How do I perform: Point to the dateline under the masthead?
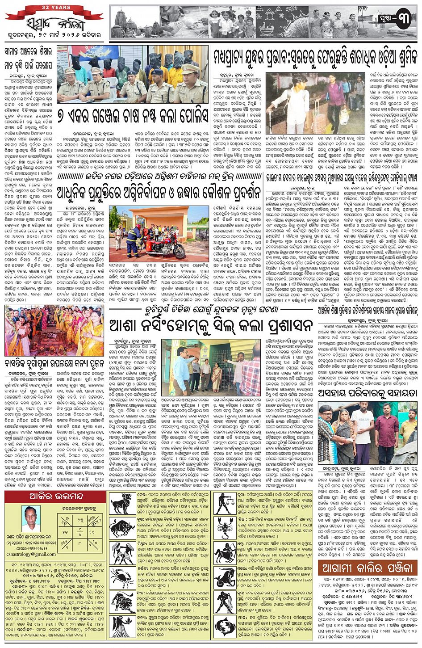[x=53, y=34]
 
